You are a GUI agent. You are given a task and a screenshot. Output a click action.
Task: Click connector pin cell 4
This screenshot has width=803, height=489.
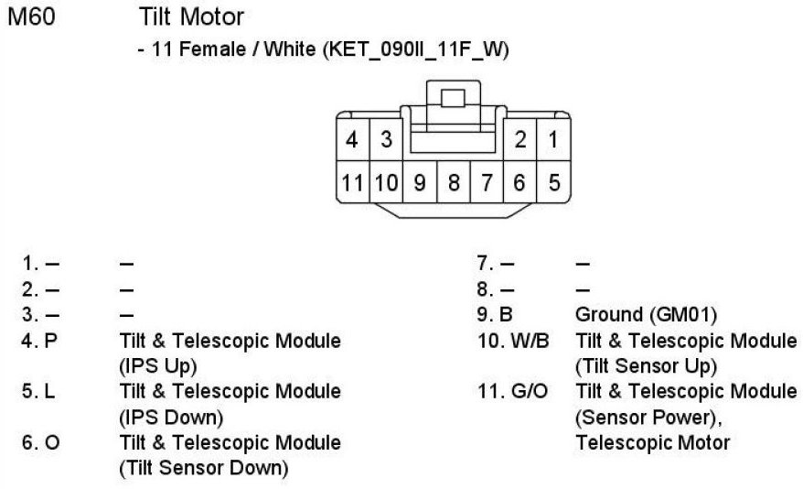click(352, 140)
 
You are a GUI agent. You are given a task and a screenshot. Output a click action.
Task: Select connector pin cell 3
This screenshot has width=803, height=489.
click(386, 140)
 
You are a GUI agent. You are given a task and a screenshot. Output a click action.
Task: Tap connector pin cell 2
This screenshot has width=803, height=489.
click(519, 140)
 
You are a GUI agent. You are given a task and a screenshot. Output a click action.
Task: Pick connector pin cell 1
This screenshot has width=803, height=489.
click(553, 140)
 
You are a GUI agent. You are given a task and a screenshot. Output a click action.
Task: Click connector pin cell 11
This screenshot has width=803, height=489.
click(352, 182)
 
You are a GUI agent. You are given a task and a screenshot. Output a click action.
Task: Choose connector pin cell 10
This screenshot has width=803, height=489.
click(386, 182)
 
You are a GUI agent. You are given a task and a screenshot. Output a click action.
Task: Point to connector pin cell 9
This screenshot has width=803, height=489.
click(420, 182)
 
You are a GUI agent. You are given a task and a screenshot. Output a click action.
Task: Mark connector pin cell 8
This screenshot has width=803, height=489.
click(454, 182)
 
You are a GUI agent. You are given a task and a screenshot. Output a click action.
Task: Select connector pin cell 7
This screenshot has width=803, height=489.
click(487, 182)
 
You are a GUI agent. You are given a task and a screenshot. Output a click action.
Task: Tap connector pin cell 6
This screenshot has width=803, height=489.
click(519, 182)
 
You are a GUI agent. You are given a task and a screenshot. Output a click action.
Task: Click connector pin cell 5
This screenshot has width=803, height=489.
click(553, 182)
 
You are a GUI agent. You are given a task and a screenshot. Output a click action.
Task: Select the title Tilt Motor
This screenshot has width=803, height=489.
click(192, 17)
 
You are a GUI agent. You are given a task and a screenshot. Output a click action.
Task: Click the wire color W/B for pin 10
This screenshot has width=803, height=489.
click(522, 342)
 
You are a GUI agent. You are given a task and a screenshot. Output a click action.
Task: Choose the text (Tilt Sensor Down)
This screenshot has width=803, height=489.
click(204, 469)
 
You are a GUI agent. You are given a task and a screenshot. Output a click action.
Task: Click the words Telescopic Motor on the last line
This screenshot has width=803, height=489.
click(653, 443)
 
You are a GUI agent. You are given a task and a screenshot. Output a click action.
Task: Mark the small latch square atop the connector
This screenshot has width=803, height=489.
click(453, 96)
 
